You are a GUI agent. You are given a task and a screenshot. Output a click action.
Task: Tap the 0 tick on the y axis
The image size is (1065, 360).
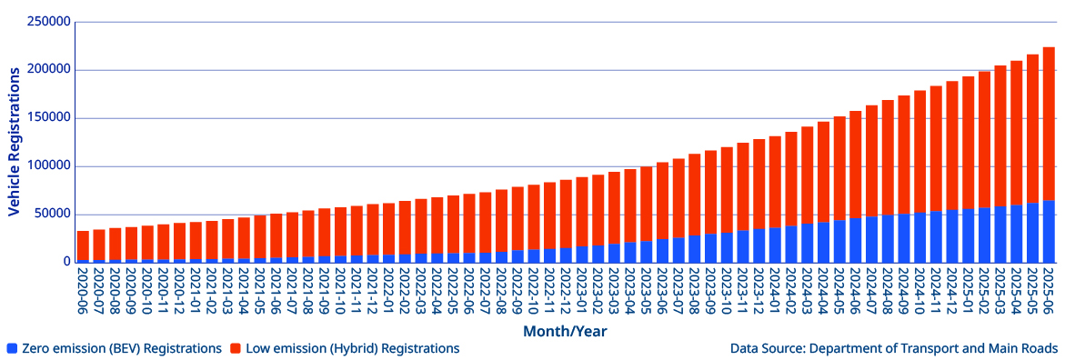coord(66,263)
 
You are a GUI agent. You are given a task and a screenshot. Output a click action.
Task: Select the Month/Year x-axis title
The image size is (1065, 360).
coord(564,332)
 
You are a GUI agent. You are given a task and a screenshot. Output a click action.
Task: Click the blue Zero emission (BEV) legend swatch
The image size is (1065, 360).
coord(11,348)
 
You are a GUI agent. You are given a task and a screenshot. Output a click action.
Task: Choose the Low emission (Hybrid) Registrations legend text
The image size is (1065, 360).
coord(351,348)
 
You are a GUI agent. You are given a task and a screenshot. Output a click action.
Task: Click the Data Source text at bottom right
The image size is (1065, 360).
coord(893,348)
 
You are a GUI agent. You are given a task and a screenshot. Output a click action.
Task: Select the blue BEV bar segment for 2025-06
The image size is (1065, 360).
coord(1049,232)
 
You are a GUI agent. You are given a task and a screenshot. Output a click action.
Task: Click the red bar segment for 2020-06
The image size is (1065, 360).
coord(83,245)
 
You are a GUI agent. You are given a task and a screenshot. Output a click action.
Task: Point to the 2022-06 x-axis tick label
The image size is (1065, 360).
coord(469,291)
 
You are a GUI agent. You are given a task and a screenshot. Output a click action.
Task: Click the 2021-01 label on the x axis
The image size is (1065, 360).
coord(196,291)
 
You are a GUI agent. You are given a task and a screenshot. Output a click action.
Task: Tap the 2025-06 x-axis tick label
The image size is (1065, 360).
coord(1049,291)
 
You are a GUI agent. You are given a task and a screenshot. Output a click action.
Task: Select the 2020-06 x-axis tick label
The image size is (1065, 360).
coord(83,291)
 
